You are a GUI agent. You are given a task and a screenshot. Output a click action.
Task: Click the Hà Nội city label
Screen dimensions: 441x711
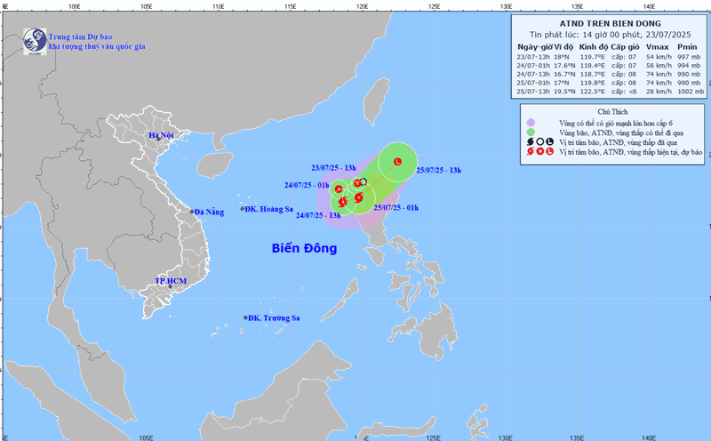click(x=161, y=135)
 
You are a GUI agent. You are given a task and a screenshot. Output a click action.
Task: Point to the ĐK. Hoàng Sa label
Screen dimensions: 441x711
click(x=269, y=209)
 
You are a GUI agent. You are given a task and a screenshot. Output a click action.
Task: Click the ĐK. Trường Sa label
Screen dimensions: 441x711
click(x=274, y=317)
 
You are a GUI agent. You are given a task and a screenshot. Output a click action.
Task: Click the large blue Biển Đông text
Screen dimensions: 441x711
click(x=304, y=248)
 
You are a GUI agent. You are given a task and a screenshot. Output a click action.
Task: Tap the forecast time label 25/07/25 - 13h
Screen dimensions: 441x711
click(x=439, y=170)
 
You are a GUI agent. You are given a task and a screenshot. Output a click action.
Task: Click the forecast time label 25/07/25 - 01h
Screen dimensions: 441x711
click(x=395, y=207)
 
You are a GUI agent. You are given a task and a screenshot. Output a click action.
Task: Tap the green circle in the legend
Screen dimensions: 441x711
click(x=531, y=132)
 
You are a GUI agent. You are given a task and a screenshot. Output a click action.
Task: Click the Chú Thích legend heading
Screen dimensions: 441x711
click(x=612, y=112)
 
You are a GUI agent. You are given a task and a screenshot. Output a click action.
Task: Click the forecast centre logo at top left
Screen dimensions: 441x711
click(x=35, y=39)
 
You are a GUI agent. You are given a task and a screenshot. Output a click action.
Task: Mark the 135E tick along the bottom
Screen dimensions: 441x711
click(x=576, y=437)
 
